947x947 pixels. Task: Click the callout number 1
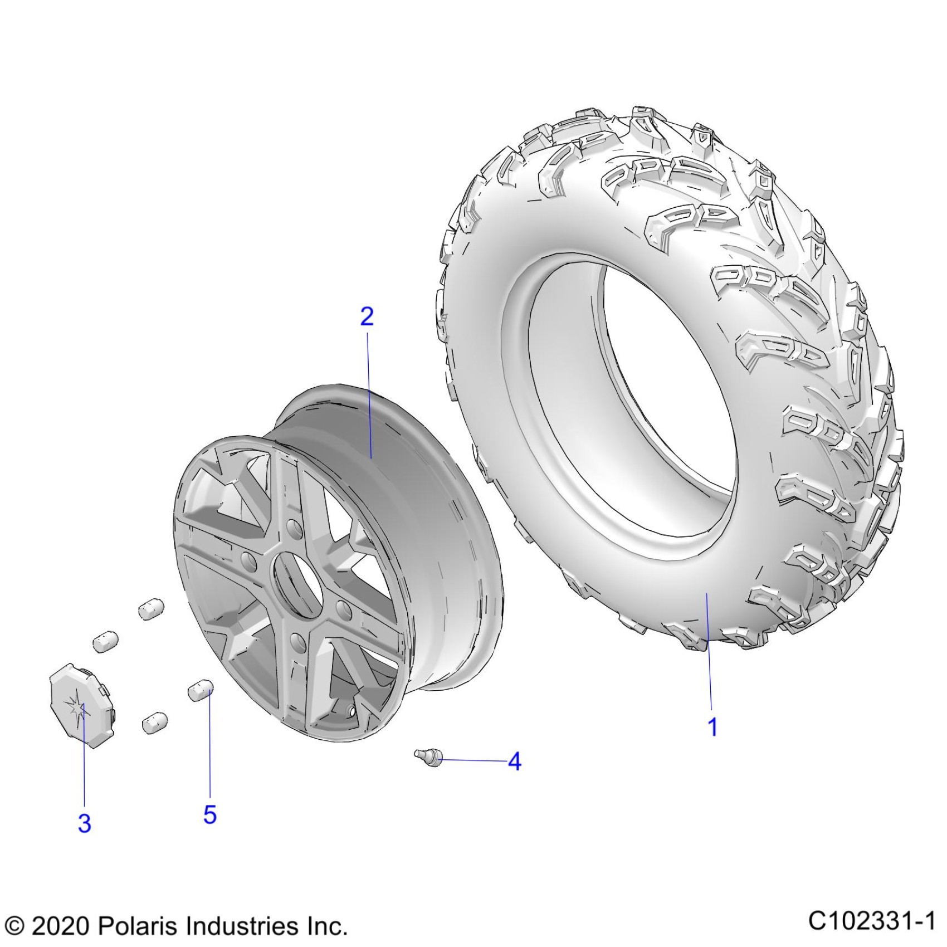coord(712,727)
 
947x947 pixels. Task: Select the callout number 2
coord(367,316)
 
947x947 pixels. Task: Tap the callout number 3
coord(84,823)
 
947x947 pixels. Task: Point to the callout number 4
coord(514,761)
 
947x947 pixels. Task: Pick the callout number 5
coord(209,814)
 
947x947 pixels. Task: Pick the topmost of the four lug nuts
coord(151,608)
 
